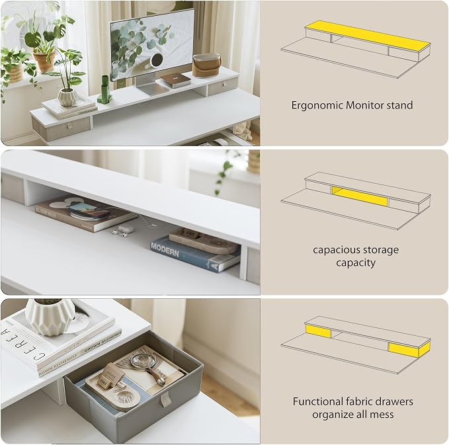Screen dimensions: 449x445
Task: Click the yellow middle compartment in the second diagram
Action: coord(360,196)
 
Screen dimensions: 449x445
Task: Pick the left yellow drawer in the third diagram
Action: coord(318,331)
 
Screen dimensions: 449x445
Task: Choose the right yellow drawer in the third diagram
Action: coord(409,349)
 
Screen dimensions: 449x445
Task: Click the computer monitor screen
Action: coord(152,46)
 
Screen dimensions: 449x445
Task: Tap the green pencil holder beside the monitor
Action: coord(104,89)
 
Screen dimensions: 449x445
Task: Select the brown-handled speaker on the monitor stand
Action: coord(206,65)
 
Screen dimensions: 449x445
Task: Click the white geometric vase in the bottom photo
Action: coord(51,317)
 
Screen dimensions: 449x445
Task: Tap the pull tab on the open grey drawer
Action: coord(165,399)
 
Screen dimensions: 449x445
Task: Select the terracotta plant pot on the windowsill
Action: coord(44,61)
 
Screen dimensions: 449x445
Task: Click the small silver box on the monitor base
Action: coord(175,80)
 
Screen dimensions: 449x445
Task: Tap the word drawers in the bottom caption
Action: coord(393,401)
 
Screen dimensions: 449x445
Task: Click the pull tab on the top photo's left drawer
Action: coord(70,126)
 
